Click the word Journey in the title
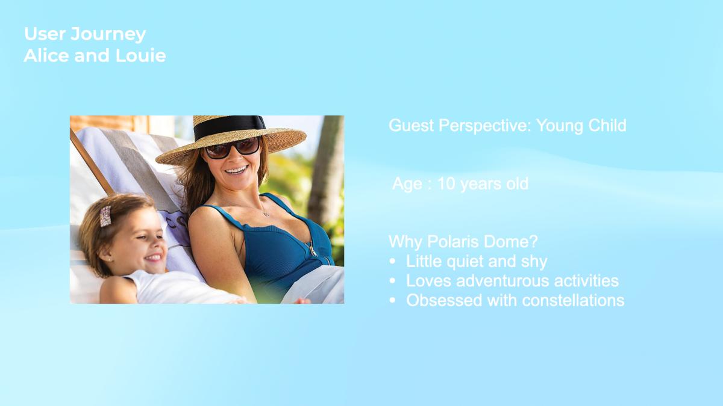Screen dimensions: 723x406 pyautogui.click(x=108, y=35)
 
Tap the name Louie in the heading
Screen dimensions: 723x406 pyautogui.click(x=141, y=55)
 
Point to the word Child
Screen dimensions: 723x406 pyautogui.click(x=607, y=125)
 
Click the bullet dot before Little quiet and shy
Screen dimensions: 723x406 pyautogui.click(x=392, y=261)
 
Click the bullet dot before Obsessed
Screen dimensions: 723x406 pyautogui.click(x=392, y=300)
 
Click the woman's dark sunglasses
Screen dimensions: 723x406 pyautogui.click(x=233, y=148)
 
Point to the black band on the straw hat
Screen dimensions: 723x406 pyautogui.click(x=229, y=127)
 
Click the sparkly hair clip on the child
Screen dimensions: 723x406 pyautogui.click(x=105, y=216)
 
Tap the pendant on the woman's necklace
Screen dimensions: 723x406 pyautogui.click(x=266, y=214)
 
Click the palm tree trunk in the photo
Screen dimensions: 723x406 pyautogui.click(x=326, y=168)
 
